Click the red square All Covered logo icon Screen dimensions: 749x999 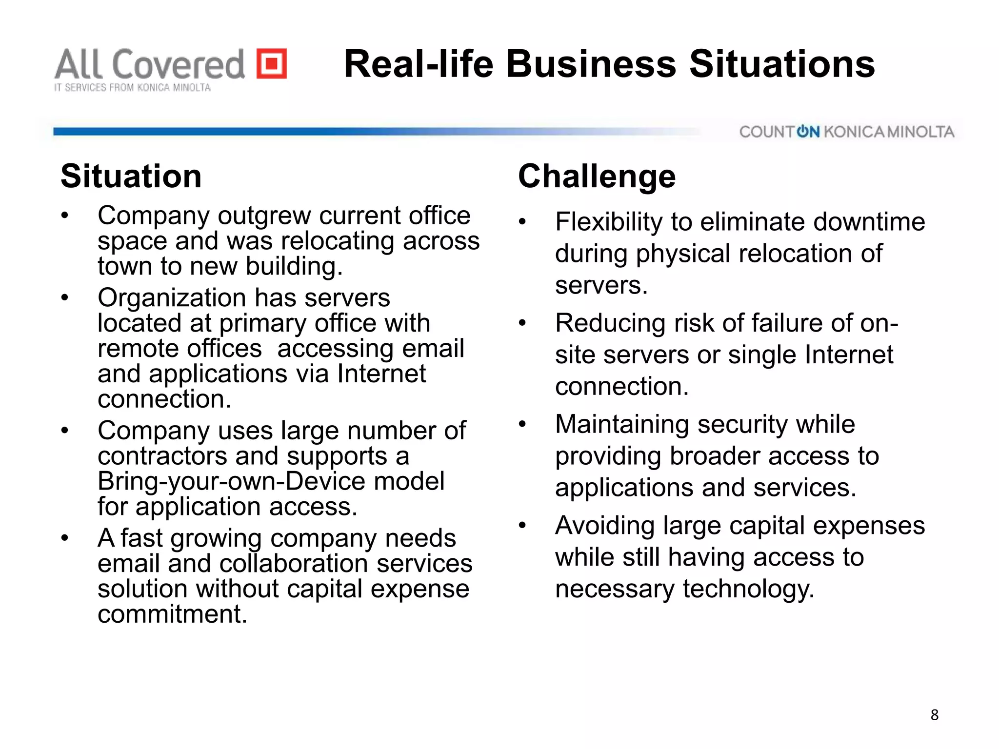pyautogui.click(x=272, y=63)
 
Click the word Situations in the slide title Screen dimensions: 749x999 pyautogui.click(x=782, y=64)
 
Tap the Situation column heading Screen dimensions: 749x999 pyautogui.click(x=131, y=176)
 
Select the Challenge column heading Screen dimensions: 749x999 pyautogui.click(x=597, y=176)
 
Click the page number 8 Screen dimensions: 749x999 pyautogui.click(x=934, y=715)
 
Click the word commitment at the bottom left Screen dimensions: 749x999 pyautogui.click(x=172, y=614)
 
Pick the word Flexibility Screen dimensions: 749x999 pyautogui.click(x=609, y=222)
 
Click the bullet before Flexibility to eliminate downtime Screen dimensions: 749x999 pyautogui.click(x=522, y=222)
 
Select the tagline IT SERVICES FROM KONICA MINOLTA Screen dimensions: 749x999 pyautogui.click(x=132, y=88)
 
